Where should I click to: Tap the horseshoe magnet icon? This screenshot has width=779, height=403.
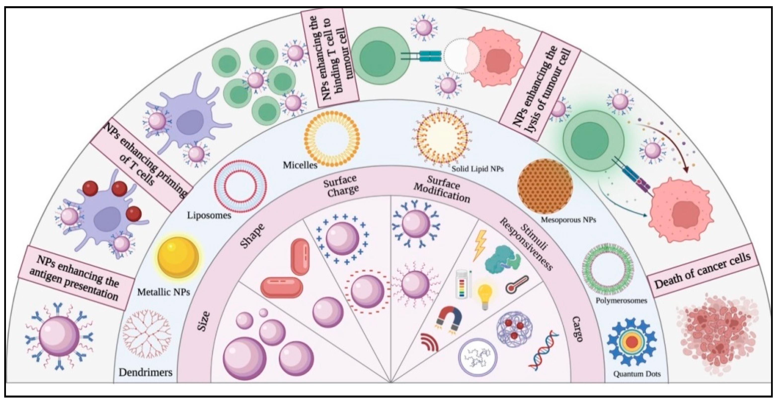coord(450,322)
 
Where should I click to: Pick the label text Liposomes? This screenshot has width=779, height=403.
coord(209,216)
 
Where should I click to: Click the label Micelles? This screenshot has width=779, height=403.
coord(300,165)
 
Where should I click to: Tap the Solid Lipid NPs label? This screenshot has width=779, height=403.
coord(477,169)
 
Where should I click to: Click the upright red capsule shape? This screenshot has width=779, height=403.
coord(300,257)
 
